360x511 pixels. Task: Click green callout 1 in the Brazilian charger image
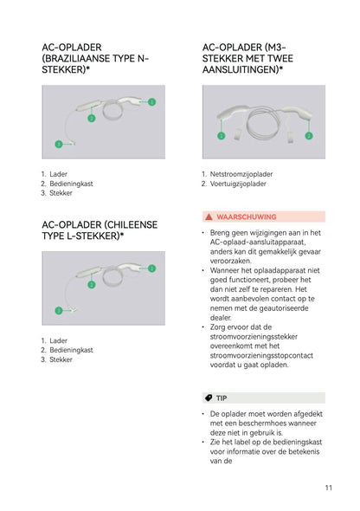tap(151, 102)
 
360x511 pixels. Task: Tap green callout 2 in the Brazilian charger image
tap(92, 118)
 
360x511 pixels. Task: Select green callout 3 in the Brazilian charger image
tap(59, 144)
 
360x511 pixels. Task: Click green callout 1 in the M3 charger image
tap(221, 136)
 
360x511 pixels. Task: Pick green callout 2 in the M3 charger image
tap(309, 136)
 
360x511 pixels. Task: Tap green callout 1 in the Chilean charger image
tap(151, 268)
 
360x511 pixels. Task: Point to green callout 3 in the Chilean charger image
tap(59, 311)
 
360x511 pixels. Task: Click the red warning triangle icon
tap(209, 217)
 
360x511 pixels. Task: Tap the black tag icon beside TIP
tap(209, 398)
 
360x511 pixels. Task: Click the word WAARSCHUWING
tap(247, 217)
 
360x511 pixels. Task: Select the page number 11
tap(329, 488)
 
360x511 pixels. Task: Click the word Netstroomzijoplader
tap(241, 174)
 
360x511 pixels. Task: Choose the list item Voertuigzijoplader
tap(238, 184)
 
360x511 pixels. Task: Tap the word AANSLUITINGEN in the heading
tap(239, 70)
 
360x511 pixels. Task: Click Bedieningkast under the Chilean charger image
tap(71, 350)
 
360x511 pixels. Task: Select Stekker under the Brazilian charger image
tap(61, 193)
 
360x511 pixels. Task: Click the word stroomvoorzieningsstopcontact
tap(261, 356)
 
